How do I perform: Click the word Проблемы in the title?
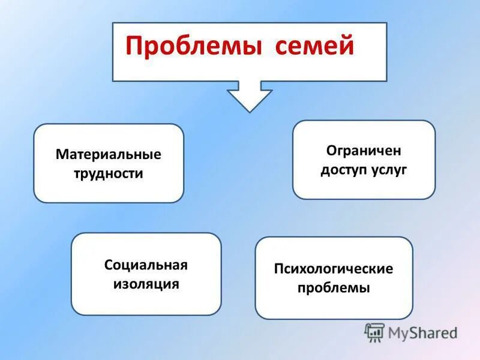click(193, 47)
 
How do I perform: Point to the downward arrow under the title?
click(250, 96)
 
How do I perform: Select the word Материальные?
click(109, 154)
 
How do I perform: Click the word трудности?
click(109, 174)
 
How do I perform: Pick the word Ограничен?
click(364, 149)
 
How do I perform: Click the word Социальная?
click(146, 265)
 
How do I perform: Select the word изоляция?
click(146, 284)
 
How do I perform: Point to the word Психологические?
click(334, 268)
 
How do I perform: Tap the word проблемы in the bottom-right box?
click(334, 288)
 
